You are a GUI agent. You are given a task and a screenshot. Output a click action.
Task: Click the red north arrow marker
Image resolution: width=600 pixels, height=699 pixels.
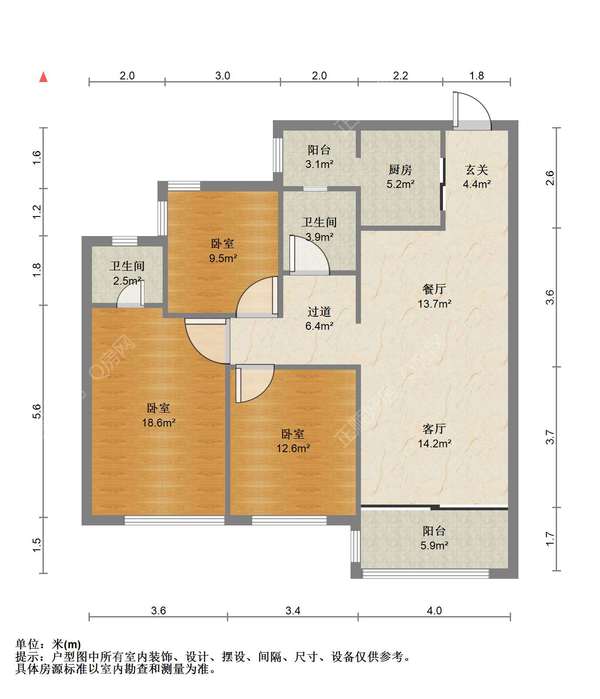tap(44, 77)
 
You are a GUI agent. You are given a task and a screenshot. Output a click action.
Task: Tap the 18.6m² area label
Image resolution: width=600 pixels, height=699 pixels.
tap(158, 423)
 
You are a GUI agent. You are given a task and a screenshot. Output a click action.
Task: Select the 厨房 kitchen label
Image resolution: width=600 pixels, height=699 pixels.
tap(400, 169)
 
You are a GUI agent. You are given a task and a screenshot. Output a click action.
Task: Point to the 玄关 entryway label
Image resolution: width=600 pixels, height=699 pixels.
tap(477, 169)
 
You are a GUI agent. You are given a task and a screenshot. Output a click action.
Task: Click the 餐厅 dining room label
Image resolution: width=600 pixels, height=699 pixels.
tap(434, 290)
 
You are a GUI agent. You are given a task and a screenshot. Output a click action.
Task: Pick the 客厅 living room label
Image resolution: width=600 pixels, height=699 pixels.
tap(434, 429)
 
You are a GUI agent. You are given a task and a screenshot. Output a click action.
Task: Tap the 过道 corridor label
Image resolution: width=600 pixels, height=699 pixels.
tap(319, 312)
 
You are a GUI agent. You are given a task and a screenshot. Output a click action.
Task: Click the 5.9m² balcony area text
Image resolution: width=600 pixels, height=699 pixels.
tap(433, 545)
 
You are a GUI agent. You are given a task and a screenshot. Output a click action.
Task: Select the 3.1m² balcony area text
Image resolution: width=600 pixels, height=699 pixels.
tap(320, 164)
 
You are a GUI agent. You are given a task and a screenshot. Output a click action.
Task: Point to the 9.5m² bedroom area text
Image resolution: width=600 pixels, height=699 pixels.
tap(223, 258)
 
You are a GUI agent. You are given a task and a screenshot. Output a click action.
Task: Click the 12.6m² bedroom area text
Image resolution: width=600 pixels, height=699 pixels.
tap(293, 448)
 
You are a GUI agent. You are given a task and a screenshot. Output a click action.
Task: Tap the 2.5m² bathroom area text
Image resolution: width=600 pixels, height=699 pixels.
tap(127, 281)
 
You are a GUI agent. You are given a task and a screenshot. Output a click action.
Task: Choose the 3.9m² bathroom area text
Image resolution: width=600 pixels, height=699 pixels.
tap(319, 237)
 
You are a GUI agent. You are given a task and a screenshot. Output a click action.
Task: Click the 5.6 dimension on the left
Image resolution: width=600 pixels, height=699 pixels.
tap(37, 411)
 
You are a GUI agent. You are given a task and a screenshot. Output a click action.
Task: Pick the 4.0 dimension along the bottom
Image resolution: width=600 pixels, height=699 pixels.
tap(434, 610)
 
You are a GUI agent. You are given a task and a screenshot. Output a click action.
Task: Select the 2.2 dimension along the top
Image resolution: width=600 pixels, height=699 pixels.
tap(400, 76)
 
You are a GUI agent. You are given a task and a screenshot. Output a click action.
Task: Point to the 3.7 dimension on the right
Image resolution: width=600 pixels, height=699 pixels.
tap(550, 437)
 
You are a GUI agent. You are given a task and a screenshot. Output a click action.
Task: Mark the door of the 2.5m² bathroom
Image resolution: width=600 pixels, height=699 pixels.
tap(130, 295)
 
